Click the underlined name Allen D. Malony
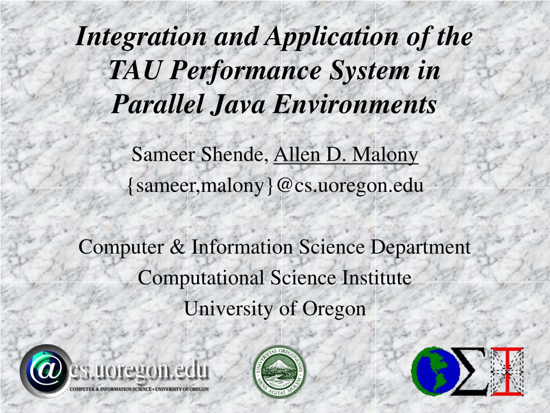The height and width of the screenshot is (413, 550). pos(346,155)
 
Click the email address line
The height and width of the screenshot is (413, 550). pos(275,186)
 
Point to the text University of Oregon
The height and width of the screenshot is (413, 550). pos(275,309)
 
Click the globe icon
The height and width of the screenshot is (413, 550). pos(432,371)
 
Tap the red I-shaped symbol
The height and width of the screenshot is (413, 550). pos(508,371)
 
